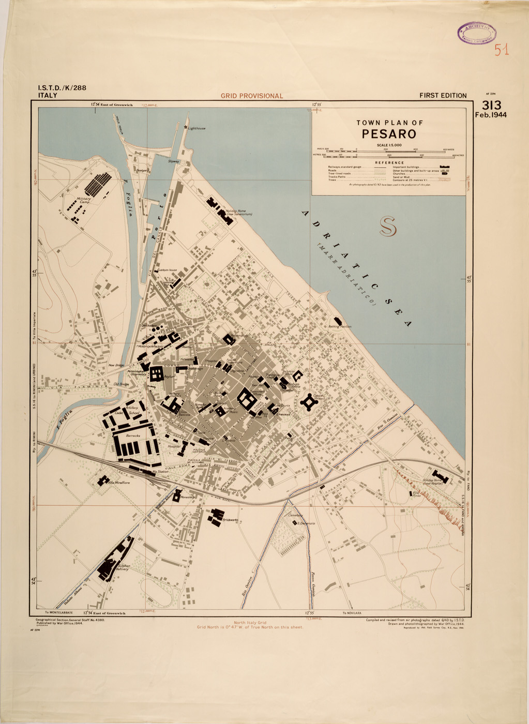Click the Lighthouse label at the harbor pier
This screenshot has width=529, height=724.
(197, 128)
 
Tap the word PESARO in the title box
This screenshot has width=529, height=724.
(389, 134)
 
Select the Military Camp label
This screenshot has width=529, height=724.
(83, 200)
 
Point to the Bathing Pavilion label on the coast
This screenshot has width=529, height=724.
(340, 326)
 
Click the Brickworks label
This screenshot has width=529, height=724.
(230, 520)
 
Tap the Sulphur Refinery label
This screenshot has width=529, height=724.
(123, 567)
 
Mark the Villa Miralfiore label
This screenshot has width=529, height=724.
(119, 482)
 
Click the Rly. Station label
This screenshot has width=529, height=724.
(160, 472)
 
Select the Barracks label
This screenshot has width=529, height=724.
(133, 436)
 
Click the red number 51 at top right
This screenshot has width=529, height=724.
(501, 50)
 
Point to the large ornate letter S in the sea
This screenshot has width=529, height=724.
(388, 227)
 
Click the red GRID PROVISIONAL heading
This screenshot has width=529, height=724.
(252, 96)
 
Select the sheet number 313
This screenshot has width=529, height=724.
(491, 105)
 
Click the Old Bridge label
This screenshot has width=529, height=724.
(121, 384)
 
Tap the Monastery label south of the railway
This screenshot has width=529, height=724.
(188, 497)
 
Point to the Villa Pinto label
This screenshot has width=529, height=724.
(416, 494)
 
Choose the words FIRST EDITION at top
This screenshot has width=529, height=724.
(443, 96)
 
